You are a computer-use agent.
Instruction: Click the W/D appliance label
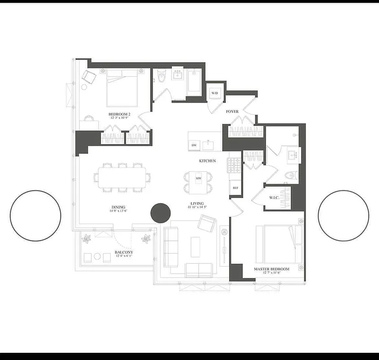click(x=214, y=93)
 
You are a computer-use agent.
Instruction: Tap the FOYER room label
click(x=232, y=112)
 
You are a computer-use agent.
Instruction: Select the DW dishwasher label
click(x=194, y=145)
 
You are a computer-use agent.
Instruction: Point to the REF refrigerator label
click(x=235, y=188)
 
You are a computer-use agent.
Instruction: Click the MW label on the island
click(x=199, y=179)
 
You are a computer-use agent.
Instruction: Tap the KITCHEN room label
click(x=208, y=161)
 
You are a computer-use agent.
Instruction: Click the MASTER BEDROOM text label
click(x=271, y=269)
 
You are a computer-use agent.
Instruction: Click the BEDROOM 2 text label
click(x=119, y=114)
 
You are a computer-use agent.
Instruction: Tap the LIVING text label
click(x=197, y=203)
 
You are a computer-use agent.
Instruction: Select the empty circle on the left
click(x=36, y=215)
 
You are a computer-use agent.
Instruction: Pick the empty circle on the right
click(x=343, y=215)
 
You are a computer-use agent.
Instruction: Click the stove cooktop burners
click(x=234, y=165)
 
